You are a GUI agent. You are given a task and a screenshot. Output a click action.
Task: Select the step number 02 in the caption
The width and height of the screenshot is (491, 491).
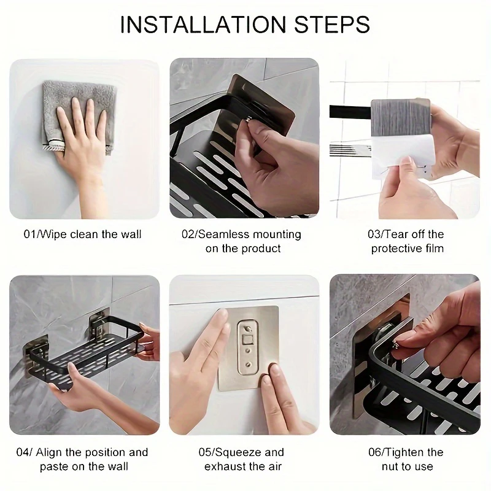pos(188,234)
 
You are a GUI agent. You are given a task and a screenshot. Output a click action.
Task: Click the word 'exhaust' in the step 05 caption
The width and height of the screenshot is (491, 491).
pos(233,466)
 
